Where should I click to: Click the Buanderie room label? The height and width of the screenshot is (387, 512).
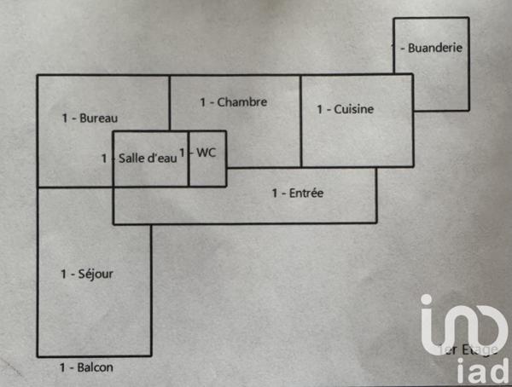(x=435, y=48)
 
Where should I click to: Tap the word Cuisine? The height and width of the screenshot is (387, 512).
(x=354, y=109)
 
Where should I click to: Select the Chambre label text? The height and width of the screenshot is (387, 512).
(x=242, y=102)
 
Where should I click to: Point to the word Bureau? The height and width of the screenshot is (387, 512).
(x=98, y=118)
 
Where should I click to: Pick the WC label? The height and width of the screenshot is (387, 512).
(x=207, y=153)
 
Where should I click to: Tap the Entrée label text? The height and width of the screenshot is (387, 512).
(x=305, y=193)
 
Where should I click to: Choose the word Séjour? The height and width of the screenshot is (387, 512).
(x=95, y=274)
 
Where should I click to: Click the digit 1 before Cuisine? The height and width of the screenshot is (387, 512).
(x=320, y=109)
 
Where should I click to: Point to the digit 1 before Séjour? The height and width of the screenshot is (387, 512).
(x=63, y=274)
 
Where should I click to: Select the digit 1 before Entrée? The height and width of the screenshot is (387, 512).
(x=275, y=193)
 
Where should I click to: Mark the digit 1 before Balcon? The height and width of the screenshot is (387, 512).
(x=62, y=368)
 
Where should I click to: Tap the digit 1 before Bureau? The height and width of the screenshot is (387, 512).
(x=65, y=118)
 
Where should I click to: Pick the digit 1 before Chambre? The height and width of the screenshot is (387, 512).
(x=203, y=102)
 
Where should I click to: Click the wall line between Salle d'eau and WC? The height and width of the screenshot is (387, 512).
(x=189, y=170)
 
